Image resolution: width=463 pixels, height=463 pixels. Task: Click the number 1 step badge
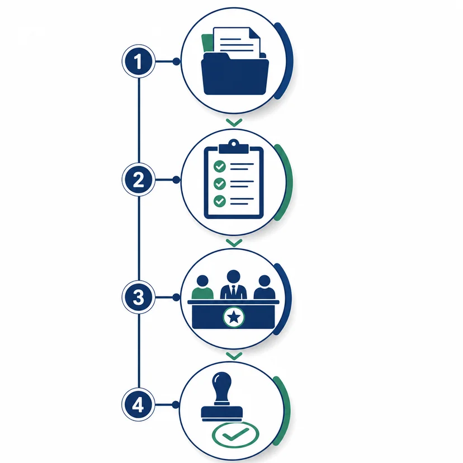[139, 62]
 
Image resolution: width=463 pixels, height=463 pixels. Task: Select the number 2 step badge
[139, 179]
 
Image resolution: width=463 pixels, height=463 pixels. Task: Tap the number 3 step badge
[139, 297]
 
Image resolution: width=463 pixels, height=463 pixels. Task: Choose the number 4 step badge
[138, 404]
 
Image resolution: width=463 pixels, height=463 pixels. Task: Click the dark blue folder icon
[235, 74]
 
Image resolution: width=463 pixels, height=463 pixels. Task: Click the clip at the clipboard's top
[234, 147]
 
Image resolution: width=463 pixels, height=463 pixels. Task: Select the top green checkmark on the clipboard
[219, 167]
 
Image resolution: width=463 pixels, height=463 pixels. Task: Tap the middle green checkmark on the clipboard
[219, 183]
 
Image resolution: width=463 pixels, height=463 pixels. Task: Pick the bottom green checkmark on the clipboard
[219, 201]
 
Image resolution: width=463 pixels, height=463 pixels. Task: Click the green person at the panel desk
[202, 287]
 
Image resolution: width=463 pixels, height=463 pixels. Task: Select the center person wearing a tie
[234, 285]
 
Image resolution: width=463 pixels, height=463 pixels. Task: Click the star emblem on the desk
[234, 317]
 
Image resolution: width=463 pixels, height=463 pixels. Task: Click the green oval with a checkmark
[235, 434]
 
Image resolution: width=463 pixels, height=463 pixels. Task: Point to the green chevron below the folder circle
[234, 122]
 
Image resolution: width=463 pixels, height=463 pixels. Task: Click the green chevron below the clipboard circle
[234, 243]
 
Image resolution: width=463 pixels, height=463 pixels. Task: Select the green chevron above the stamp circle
[234, 356]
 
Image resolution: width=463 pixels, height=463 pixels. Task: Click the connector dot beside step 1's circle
[176, 62]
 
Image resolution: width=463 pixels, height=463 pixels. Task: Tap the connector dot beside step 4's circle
[176, 404]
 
